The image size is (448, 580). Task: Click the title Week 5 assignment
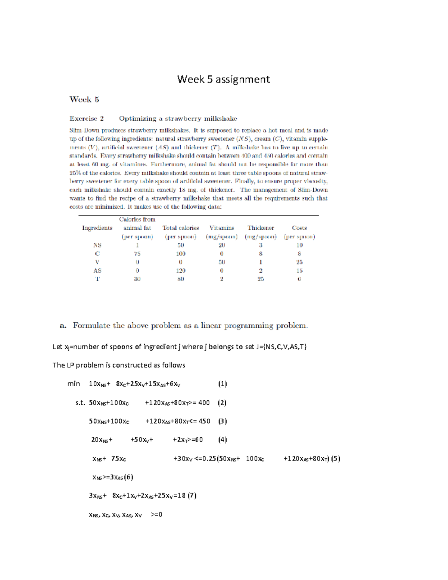point(223,79)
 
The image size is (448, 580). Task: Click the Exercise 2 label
point(86,119)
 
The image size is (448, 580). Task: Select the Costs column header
point(299,228)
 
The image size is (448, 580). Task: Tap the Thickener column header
point(261,228)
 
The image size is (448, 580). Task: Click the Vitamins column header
point(221,228)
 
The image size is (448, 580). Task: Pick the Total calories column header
point(181,228)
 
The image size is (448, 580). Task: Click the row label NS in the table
point(97,245)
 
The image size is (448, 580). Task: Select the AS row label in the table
point(97,270)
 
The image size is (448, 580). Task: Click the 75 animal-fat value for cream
point(137,254)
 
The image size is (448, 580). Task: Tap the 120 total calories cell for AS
point(181,270)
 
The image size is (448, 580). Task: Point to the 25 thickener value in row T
point(261,279)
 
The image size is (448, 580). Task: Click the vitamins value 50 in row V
point(221,262)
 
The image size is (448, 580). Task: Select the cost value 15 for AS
point(299,270)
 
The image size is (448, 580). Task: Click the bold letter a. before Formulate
point(63,326)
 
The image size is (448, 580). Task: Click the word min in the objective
point(74,384)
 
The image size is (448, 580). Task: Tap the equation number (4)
point(223,440)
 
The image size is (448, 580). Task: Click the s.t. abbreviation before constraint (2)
point(80,403)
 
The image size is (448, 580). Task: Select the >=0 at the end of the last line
point(156,515)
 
